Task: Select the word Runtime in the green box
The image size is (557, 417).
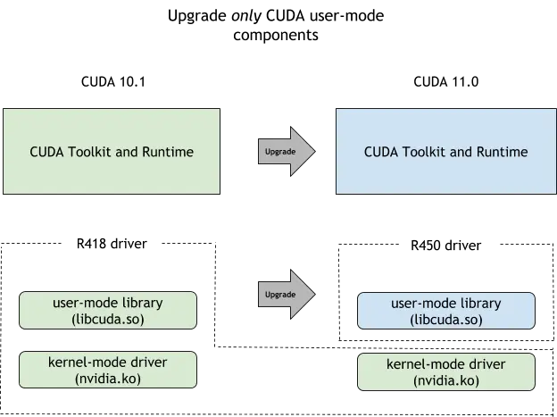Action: point(167,152)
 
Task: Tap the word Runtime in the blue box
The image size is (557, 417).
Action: point(501,152)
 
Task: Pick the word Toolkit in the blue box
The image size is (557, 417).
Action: point(426,152)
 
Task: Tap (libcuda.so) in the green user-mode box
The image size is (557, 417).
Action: point(110,319)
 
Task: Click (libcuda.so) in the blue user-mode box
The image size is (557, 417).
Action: point(446,319)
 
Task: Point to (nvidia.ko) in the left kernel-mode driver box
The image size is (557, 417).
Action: point(110,379)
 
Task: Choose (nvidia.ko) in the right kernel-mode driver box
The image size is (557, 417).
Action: point(446,380)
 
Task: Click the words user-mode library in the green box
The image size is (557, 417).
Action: point(110,303)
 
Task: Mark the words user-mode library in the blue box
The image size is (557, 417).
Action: point(446,304)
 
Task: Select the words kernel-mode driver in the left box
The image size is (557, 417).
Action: point(110,363)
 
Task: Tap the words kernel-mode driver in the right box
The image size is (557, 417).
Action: point(446,364)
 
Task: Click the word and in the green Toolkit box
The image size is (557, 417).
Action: point(128,152)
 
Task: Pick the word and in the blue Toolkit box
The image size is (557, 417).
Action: point(461,152)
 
